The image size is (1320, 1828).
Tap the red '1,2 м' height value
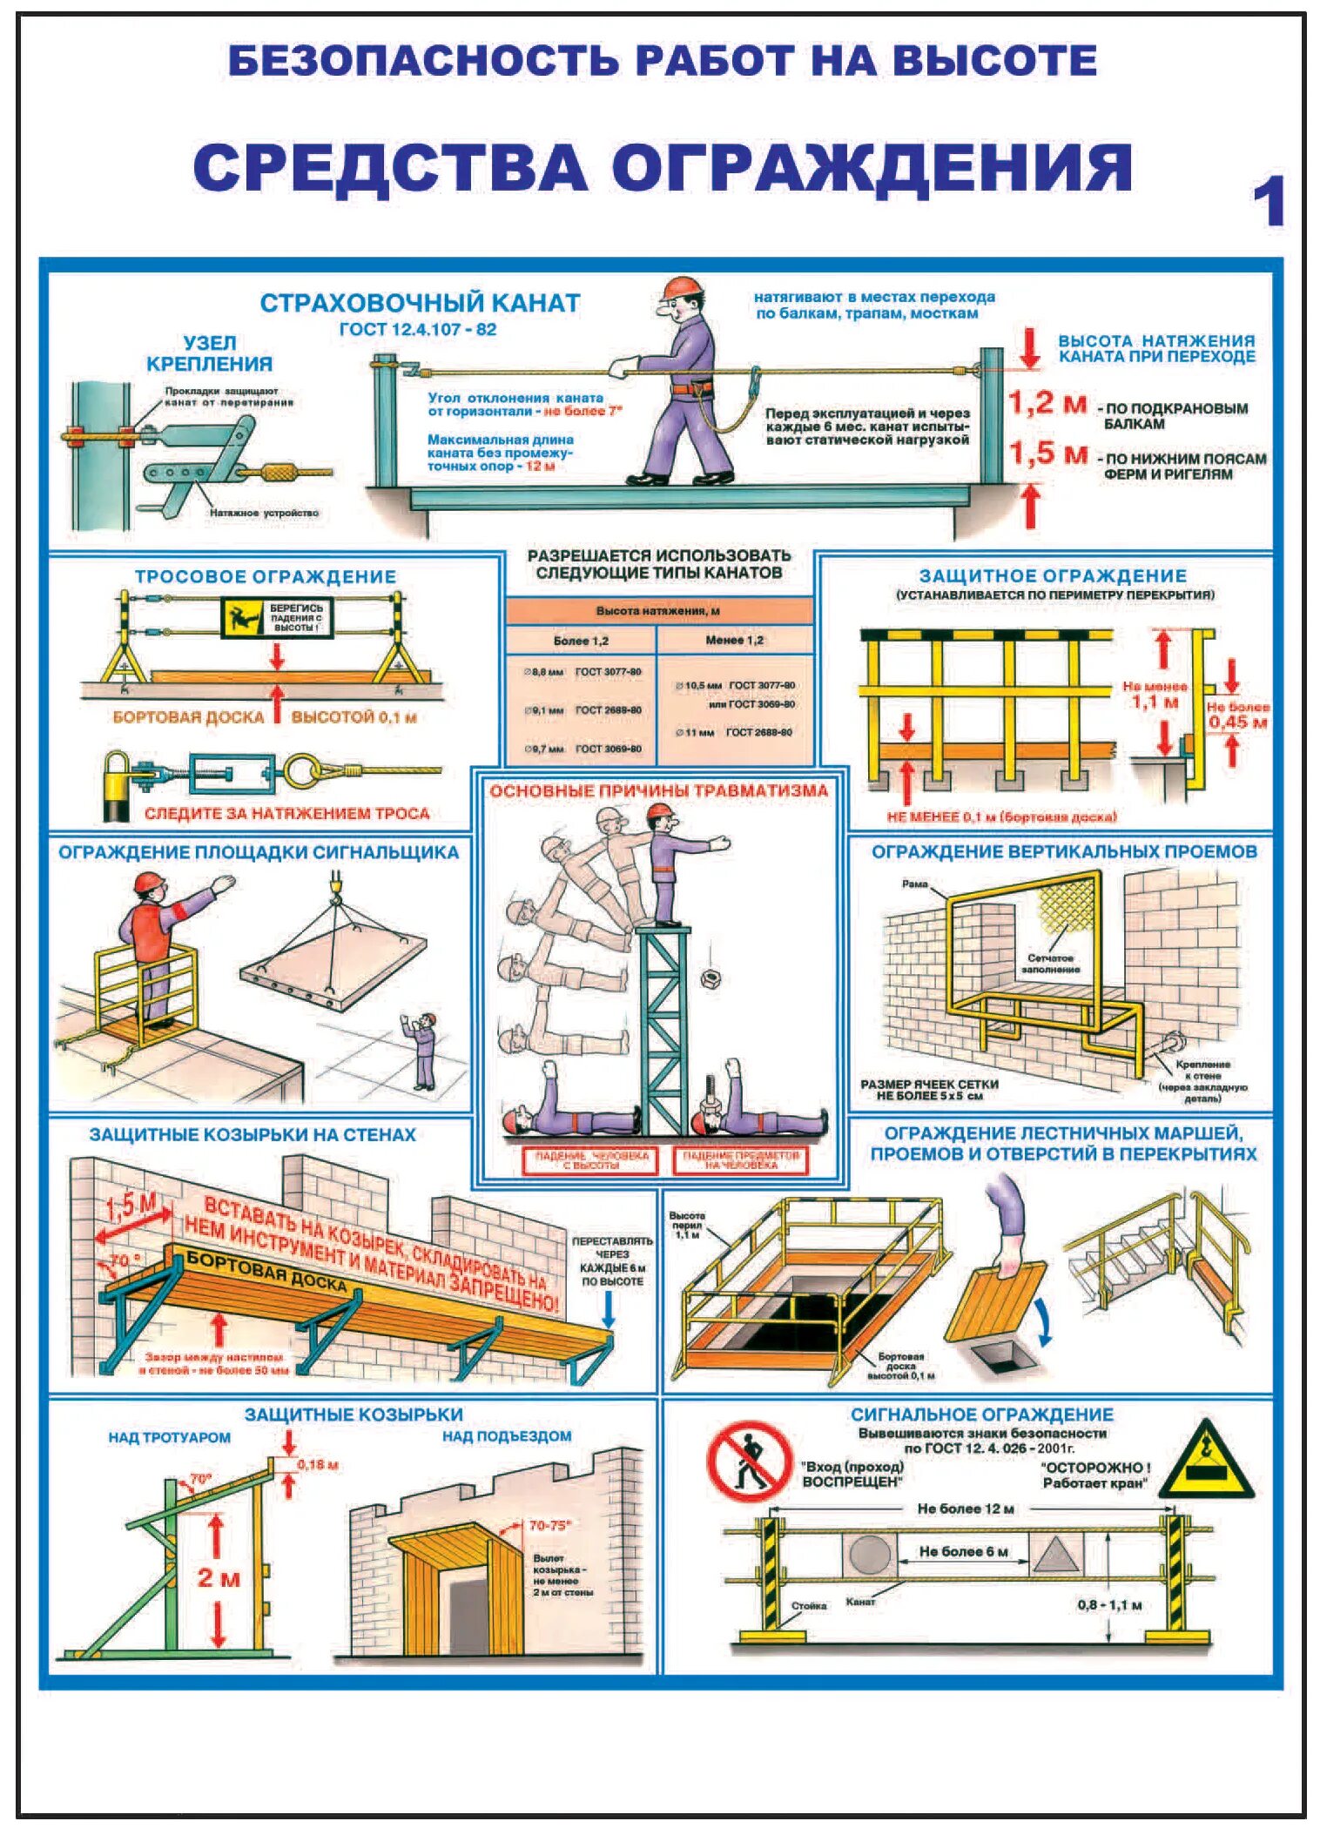1047,404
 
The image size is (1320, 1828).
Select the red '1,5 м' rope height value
1047,454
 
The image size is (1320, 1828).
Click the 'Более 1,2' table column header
580,641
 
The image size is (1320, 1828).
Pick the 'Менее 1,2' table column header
734,640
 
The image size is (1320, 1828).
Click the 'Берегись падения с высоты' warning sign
277,617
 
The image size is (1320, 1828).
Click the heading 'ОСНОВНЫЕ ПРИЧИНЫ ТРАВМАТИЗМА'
658,790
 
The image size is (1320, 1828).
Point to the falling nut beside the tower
710,978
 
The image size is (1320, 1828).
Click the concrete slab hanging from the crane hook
334,967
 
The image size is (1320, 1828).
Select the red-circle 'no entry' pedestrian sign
748,1462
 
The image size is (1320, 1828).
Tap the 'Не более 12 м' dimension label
965,1509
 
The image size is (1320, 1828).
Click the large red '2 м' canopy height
218,1577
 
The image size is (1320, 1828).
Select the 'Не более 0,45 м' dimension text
1237,715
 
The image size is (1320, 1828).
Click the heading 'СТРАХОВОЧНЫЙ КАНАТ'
420,303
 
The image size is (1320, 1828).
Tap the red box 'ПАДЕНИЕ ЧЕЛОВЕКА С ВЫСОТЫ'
591,1160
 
